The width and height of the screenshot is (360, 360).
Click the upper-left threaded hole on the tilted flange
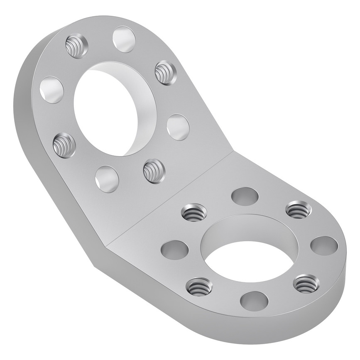(x=77, y=46)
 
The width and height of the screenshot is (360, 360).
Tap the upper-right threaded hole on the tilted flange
(x=165, y=73)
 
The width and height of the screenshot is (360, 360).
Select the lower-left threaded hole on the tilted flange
(x=64, y=144)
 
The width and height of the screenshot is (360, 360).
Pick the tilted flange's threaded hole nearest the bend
(x=154, y=171)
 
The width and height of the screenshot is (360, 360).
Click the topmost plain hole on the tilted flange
(x=124, y=39)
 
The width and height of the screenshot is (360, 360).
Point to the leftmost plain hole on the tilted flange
(x=52, y=90)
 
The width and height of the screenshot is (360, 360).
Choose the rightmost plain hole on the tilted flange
(x=178, y=127)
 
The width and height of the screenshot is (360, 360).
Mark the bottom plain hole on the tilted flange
(x=107, y=179)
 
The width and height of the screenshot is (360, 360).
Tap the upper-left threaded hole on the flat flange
(x=194, y=213)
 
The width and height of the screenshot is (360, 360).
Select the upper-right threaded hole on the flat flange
(x=299, y=210)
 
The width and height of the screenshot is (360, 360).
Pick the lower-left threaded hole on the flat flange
(x=199, y=286)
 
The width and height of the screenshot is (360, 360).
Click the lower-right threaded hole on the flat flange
(x=306, y=284)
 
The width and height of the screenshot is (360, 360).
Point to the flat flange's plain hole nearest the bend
(x=245, y=196)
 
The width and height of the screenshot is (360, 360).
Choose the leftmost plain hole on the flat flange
(x=174, y=249)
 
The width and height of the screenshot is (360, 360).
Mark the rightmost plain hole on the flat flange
(x=324, y=245)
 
